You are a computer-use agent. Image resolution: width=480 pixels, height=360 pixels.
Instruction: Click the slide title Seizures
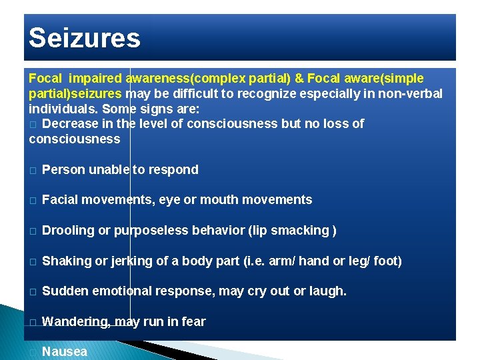point(85,38)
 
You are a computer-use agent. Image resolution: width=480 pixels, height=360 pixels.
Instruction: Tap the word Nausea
point(65,351)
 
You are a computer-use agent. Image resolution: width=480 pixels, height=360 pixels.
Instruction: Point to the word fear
point(193,321)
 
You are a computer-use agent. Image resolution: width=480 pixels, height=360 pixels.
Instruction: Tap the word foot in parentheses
point(387,261)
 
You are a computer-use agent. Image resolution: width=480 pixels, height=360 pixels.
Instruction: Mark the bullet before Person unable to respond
point(33,170)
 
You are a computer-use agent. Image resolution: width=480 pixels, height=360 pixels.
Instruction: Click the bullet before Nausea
point(33,352)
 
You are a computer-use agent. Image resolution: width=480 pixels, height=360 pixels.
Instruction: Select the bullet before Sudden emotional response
point(33,292)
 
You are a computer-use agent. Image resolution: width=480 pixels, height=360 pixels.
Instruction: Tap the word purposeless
point(151,231)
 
